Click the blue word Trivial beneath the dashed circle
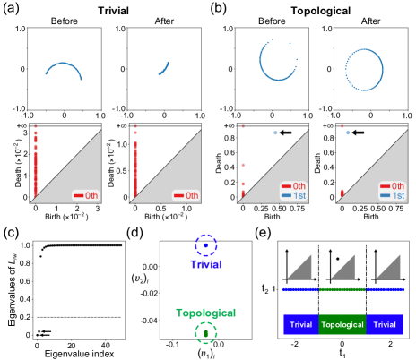coord(205,264)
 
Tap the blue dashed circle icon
coord(206,244)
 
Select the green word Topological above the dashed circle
coord(205,313)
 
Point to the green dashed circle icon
coord(206,333)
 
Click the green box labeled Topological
coord(342,324)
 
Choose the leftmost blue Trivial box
coord(300,324)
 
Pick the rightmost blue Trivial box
coord(385,324)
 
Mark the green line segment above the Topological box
coord(342,289)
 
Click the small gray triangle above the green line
coord(343,267)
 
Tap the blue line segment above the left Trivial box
coord(299,289)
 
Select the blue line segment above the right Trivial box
coord(385,289)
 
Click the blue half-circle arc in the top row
coord(63,72)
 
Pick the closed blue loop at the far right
coord(363,70)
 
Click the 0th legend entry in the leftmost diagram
coord(87,195)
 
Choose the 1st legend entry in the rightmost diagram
coord(392,195)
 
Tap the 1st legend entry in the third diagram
coord(293,195)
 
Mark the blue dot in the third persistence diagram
coord(275,133)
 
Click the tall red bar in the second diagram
coord(135,166)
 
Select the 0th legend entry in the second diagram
coord(186,195)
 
